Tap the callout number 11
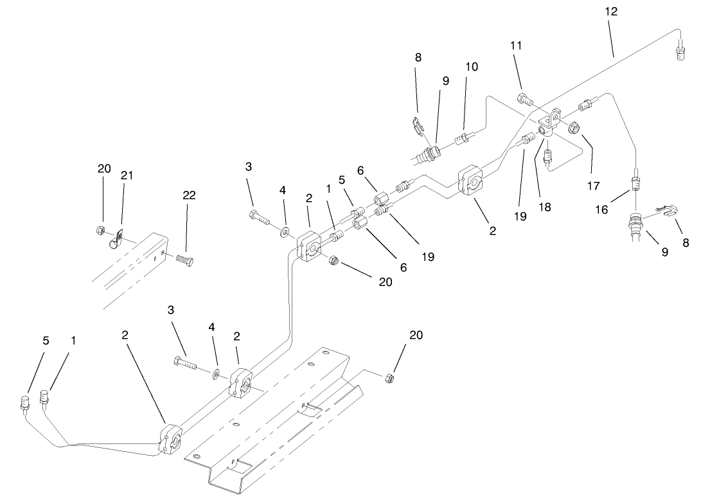[x=516, y=46]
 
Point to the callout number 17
[x=592, y=186]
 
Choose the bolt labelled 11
[x=524, y=100]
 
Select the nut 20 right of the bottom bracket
[x=389, y=379]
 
